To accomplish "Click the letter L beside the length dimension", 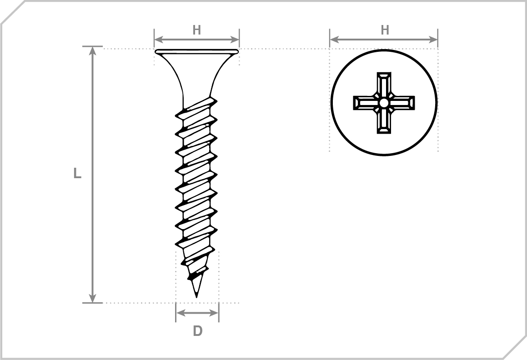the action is pyautogui.click(x=77, y=173).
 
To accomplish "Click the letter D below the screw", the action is pyautogui.click(x=198, y=331).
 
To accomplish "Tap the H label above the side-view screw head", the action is pyautogui.click(x=196, y=30).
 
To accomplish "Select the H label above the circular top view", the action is pyautogui.click(x=385, y=30).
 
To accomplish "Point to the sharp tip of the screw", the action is pyautogui.click(x=196, y=297).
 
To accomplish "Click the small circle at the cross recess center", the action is pyautogui.click(x=384, y=103).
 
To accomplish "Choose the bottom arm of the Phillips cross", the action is pyautogui.click(x=384, y=121).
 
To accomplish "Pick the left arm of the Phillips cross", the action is pyautogui.click(x=366, y=103).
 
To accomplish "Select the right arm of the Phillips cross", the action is pyautogui.click(x=402, y=103).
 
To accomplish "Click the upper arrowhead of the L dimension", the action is pyautogui.click(x=93, y=51).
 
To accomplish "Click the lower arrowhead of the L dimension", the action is pyautogui.click(x=93, y=298).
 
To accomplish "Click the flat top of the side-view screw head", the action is pyautogui.click(x=196, y=51).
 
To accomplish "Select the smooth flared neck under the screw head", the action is pyautogui.click(x=196, y=77).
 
